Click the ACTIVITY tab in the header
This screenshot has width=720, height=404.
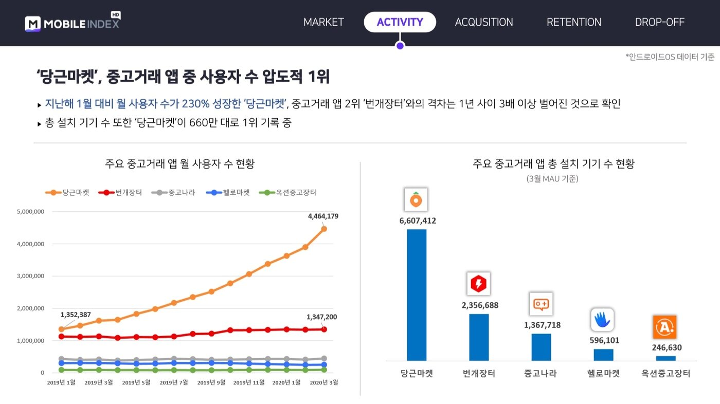click(x=400, y=22)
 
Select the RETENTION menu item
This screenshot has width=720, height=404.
click(x=573, y=22)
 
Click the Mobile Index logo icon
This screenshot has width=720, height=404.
click(x=32, y=24)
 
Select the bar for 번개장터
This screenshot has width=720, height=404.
click(x=479, y=337)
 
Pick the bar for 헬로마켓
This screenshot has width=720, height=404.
click(x=603, y=355)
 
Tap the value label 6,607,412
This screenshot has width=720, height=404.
click(x=418, y=221)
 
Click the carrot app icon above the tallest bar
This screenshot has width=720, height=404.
click(x=416, y=199)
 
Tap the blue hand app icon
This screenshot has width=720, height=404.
click(x=602, y=320)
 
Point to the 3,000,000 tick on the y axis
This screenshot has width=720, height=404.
click(x=30, y=276)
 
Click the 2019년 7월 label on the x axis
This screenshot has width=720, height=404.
click(x=174, y=382)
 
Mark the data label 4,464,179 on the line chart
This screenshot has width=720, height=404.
click(x=323, y=216)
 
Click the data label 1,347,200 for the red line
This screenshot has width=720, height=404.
click(x=321, y=317)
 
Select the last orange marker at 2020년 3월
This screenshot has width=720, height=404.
click(x=323, y=229)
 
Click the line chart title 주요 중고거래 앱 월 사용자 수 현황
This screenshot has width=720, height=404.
click(x=180, y=164)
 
